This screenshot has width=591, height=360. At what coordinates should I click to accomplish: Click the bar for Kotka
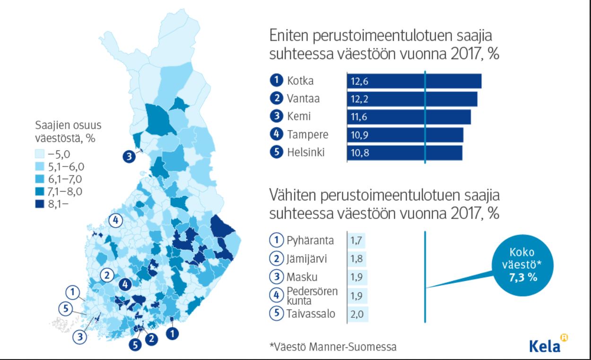pyautogui.click(x=414, y=81)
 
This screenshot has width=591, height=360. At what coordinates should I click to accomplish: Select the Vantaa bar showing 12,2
pyautogui.click(x=412, y=99)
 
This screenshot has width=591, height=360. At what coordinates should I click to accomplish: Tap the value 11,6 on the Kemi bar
pyautogui.click(x=359, y=117)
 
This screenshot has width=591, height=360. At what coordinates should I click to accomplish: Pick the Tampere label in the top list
pyautogui.click(x=307, y=135)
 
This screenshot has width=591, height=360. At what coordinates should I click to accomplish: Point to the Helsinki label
pyautogui.click(x=305, y=153)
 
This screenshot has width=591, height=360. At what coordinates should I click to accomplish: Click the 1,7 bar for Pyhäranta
pyautogui.click(x=356, y=240)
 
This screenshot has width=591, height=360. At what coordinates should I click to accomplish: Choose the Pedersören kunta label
pyautogui.click(x=312, y=296)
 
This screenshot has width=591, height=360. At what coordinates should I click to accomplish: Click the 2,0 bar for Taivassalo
pyautogui.click(x=358, y=314)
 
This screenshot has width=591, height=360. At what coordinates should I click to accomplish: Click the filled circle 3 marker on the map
pyautogui.click(x=129, y=156)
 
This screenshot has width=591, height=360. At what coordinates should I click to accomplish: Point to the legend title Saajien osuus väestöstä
pyautogui.click(x=68, y=132)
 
